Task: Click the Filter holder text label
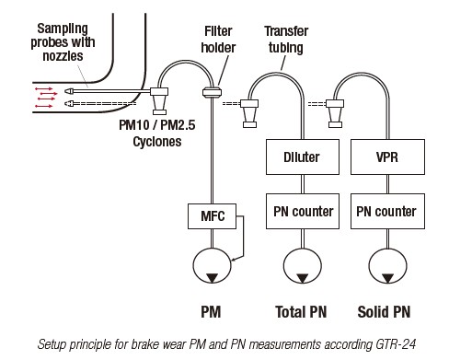(x=218, y=40)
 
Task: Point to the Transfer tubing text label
(x=286, y=40)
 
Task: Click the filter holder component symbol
(x=212, y=92)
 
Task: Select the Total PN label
(x=301, y=312)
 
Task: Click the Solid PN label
(x=384, y=312)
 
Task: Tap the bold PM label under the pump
(x=211, y=312)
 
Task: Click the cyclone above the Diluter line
(x=249, y=113)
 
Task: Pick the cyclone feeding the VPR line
(x=335, y=113)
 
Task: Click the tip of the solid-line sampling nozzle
(x=65, y=91)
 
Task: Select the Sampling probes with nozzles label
(x=63, y=42)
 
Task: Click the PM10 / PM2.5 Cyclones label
(x=157, y=134)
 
